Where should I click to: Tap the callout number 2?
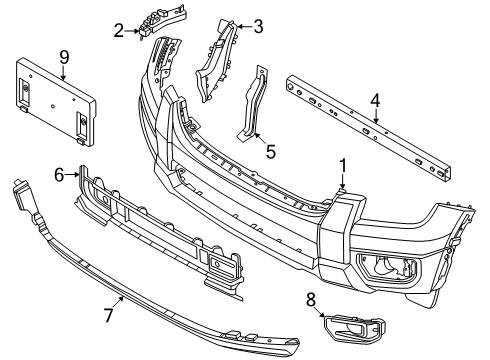tap(119, 31)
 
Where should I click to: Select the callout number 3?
tap(258, 27)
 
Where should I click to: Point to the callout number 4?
tap(374, 99)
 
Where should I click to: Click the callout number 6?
tap(60, 174)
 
